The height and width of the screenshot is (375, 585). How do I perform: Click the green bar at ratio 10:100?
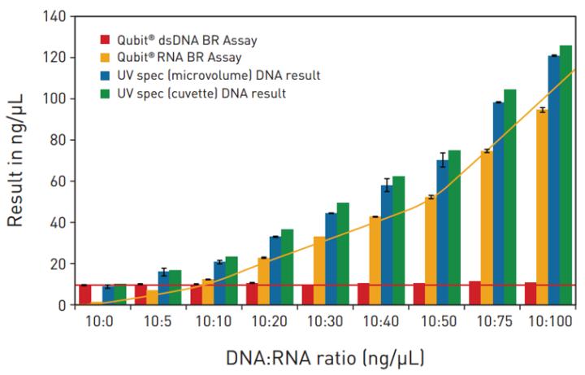point(565,175)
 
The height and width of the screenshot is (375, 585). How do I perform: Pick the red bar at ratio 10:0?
point(84,294)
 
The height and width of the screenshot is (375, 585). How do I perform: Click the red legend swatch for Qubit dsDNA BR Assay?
point(103,39)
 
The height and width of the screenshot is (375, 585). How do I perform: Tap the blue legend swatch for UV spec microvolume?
point(103,76)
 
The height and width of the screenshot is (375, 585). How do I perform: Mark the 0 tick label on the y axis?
point(62,305)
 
